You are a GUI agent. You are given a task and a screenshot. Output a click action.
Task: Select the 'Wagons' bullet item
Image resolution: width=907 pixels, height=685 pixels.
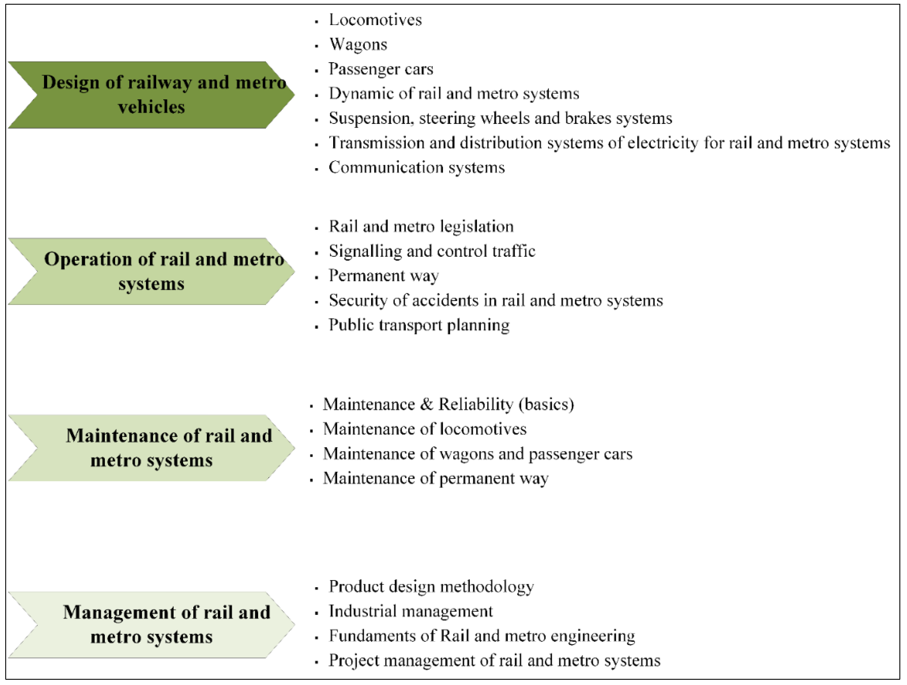pos(358,44)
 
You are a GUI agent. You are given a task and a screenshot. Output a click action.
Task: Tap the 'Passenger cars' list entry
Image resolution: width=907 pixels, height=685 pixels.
pos(380,69)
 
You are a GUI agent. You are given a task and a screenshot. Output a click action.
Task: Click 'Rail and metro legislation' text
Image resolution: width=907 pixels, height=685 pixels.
pos(421,226)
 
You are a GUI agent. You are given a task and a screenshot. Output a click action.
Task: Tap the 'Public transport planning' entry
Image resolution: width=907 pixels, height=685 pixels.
pos(419,325)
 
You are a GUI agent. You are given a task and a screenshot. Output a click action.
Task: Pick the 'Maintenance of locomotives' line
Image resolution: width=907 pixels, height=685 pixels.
pos(424,429)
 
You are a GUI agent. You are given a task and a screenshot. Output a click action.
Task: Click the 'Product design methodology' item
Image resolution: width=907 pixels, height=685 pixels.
pos(431,587)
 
